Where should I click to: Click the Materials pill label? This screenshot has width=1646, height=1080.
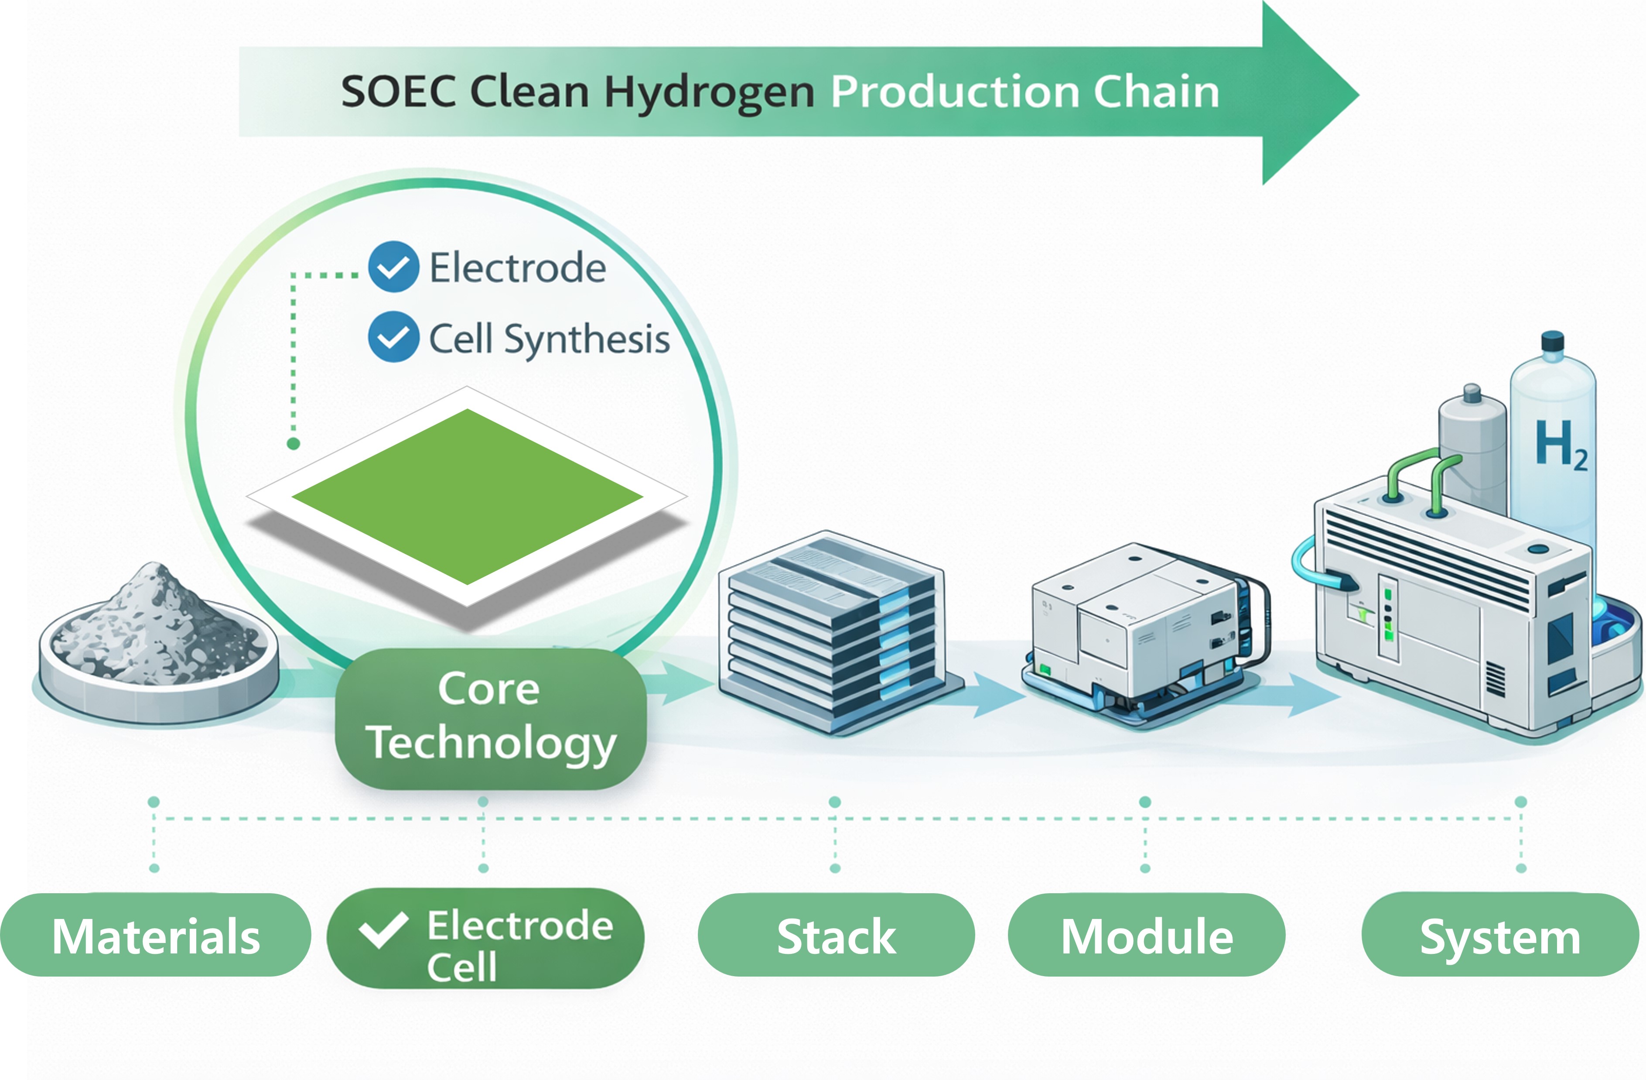[x=156, y=936]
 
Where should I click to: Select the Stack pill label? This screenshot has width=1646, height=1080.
[x=836, y=936]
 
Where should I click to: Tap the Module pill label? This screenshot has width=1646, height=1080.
[x=1146, y=936]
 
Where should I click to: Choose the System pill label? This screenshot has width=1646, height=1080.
[x=1499, y=936]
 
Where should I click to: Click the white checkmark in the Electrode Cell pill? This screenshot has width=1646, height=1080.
[x=382, y=929]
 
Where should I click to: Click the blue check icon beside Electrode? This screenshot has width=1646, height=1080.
[x=393, y=266]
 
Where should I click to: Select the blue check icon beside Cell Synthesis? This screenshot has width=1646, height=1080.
[x=393, y=337]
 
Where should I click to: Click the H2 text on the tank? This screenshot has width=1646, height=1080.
[x=1560, y=444]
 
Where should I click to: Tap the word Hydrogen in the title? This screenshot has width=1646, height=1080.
[x=709, y=93]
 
